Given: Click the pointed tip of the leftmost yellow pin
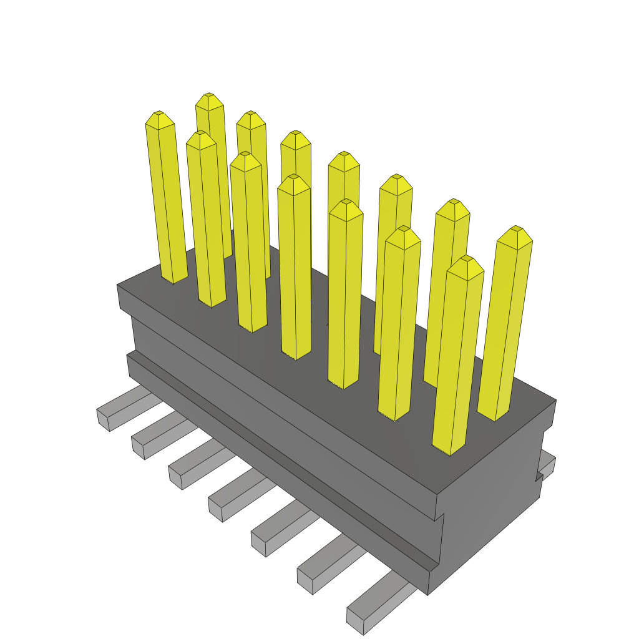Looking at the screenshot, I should point(159,114).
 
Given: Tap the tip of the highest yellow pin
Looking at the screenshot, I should point(209,96).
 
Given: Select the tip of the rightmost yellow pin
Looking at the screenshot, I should point(515,229).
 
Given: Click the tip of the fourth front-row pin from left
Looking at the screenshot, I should point(293,178).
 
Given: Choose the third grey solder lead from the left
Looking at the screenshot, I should point(176,477).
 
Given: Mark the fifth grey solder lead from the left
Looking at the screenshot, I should point(259,544).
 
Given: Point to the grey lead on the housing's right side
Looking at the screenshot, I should point(548,465).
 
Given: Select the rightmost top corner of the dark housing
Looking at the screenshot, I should point(555,401).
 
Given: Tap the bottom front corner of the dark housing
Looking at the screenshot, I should point(428,593).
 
